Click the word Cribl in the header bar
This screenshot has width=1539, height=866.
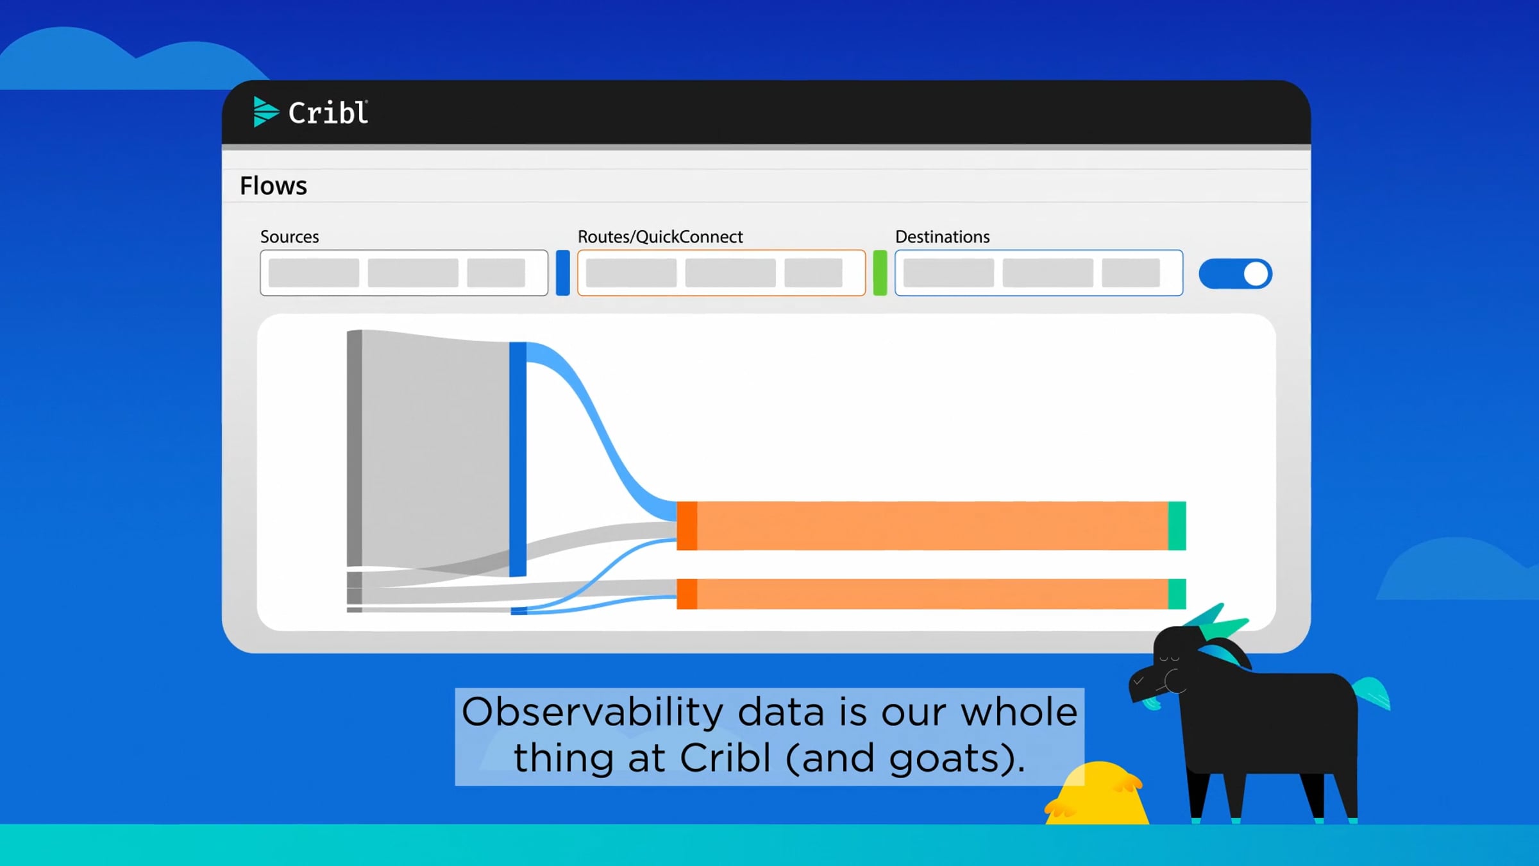328,113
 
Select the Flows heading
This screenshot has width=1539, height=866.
273,186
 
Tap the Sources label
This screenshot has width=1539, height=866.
289,237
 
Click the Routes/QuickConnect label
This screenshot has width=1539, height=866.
660,237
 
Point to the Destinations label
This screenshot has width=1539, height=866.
942,237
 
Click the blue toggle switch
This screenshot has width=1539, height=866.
1235,274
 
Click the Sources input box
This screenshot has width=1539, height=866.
404,273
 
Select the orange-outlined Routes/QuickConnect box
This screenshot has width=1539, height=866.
721,273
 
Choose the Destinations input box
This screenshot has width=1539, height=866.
1039,273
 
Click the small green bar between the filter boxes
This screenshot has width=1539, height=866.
880,273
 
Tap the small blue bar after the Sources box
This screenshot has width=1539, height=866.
563,273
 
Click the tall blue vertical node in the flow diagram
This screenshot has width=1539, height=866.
518,459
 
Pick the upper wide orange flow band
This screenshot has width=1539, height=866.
932,526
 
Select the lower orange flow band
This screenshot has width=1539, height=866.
932,594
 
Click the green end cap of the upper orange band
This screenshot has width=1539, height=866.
1177,526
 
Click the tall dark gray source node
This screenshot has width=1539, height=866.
355,448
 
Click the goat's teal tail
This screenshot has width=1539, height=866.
1372,693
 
